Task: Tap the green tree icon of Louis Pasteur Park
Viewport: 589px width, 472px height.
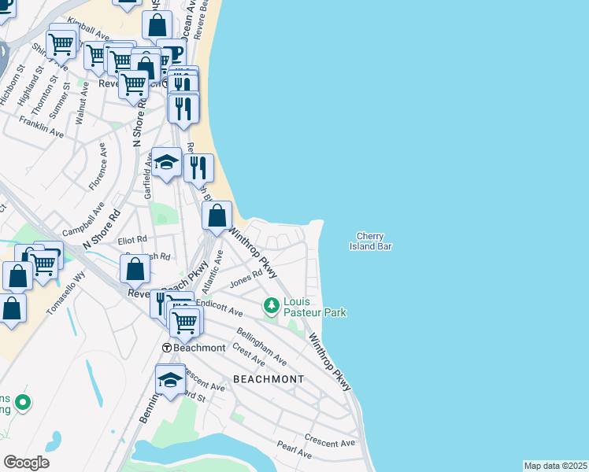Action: coord(272,304)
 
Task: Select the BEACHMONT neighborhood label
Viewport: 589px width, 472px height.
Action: coord(269,379)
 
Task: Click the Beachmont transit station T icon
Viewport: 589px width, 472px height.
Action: coord(167,348)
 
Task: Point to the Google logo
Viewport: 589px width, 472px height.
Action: coord(26,462)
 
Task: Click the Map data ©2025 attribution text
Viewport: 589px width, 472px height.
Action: coord(554,466)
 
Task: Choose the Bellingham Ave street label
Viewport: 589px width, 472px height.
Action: coord(261,347)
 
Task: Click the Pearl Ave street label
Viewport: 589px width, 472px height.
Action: coord(294,450)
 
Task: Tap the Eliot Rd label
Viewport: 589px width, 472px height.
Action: coord(132,239)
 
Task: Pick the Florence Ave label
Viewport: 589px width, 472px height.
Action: coord(97,166)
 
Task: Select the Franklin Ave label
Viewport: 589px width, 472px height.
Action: coord(41,128)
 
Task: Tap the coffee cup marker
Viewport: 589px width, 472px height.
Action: coord(172,53)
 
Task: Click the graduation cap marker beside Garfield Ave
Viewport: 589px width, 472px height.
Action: coord(166,164)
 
